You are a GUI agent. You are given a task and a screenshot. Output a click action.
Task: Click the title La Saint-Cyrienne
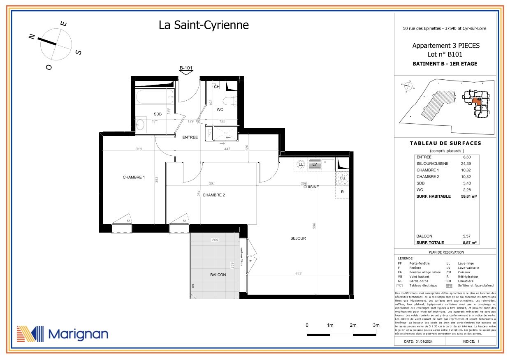pos(204,25)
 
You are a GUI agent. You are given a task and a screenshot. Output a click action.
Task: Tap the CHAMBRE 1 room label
pos(134,178)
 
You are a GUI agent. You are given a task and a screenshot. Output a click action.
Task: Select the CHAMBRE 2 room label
pos(213,195)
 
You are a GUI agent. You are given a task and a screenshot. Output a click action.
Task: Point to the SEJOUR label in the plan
pos(298,238)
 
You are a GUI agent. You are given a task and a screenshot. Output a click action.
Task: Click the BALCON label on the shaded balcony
pos(218,275)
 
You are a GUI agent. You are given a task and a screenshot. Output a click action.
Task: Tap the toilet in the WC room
pos(228,101)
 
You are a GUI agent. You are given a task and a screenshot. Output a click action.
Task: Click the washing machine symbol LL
pos(301,164)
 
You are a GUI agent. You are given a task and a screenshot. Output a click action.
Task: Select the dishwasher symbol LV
pos(315,164)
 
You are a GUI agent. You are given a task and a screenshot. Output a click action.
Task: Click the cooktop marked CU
pos(342,178)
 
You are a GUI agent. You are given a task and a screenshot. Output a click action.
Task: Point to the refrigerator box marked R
pos(342,192)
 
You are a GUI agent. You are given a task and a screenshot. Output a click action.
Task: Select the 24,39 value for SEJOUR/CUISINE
pos(466,164)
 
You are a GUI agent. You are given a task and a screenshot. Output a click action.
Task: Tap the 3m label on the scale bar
pos(376,325)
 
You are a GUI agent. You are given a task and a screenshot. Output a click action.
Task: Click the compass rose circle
pos(56,44)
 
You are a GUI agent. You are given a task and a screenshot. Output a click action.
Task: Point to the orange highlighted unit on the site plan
pos(476,101)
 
